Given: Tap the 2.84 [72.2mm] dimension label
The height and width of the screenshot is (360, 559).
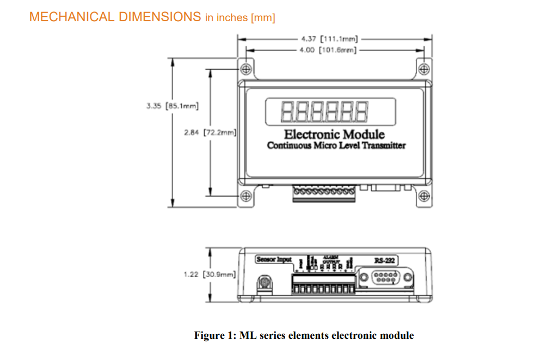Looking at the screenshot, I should coord(210,132).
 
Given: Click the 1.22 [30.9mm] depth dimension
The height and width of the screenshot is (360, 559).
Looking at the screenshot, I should coord(210,274).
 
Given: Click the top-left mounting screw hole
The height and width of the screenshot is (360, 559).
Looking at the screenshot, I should coord(246,69).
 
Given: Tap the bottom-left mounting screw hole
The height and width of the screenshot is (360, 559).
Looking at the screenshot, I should coord(246,196).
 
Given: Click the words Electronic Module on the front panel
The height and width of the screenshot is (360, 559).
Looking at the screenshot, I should coord(334,134).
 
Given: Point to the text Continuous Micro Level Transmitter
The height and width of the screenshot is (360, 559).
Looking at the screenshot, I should coord(336,146).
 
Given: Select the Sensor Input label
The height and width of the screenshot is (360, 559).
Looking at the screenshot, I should coord(274,260).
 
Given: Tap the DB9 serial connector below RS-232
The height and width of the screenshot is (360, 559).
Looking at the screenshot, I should coord(385,277).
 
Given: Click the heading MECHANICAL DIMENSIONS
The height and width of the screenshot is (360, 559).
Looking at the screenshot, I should coord(115,17).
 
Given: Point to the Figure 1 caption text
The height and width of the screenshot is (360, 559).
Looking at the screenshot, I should coord(304,335).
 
